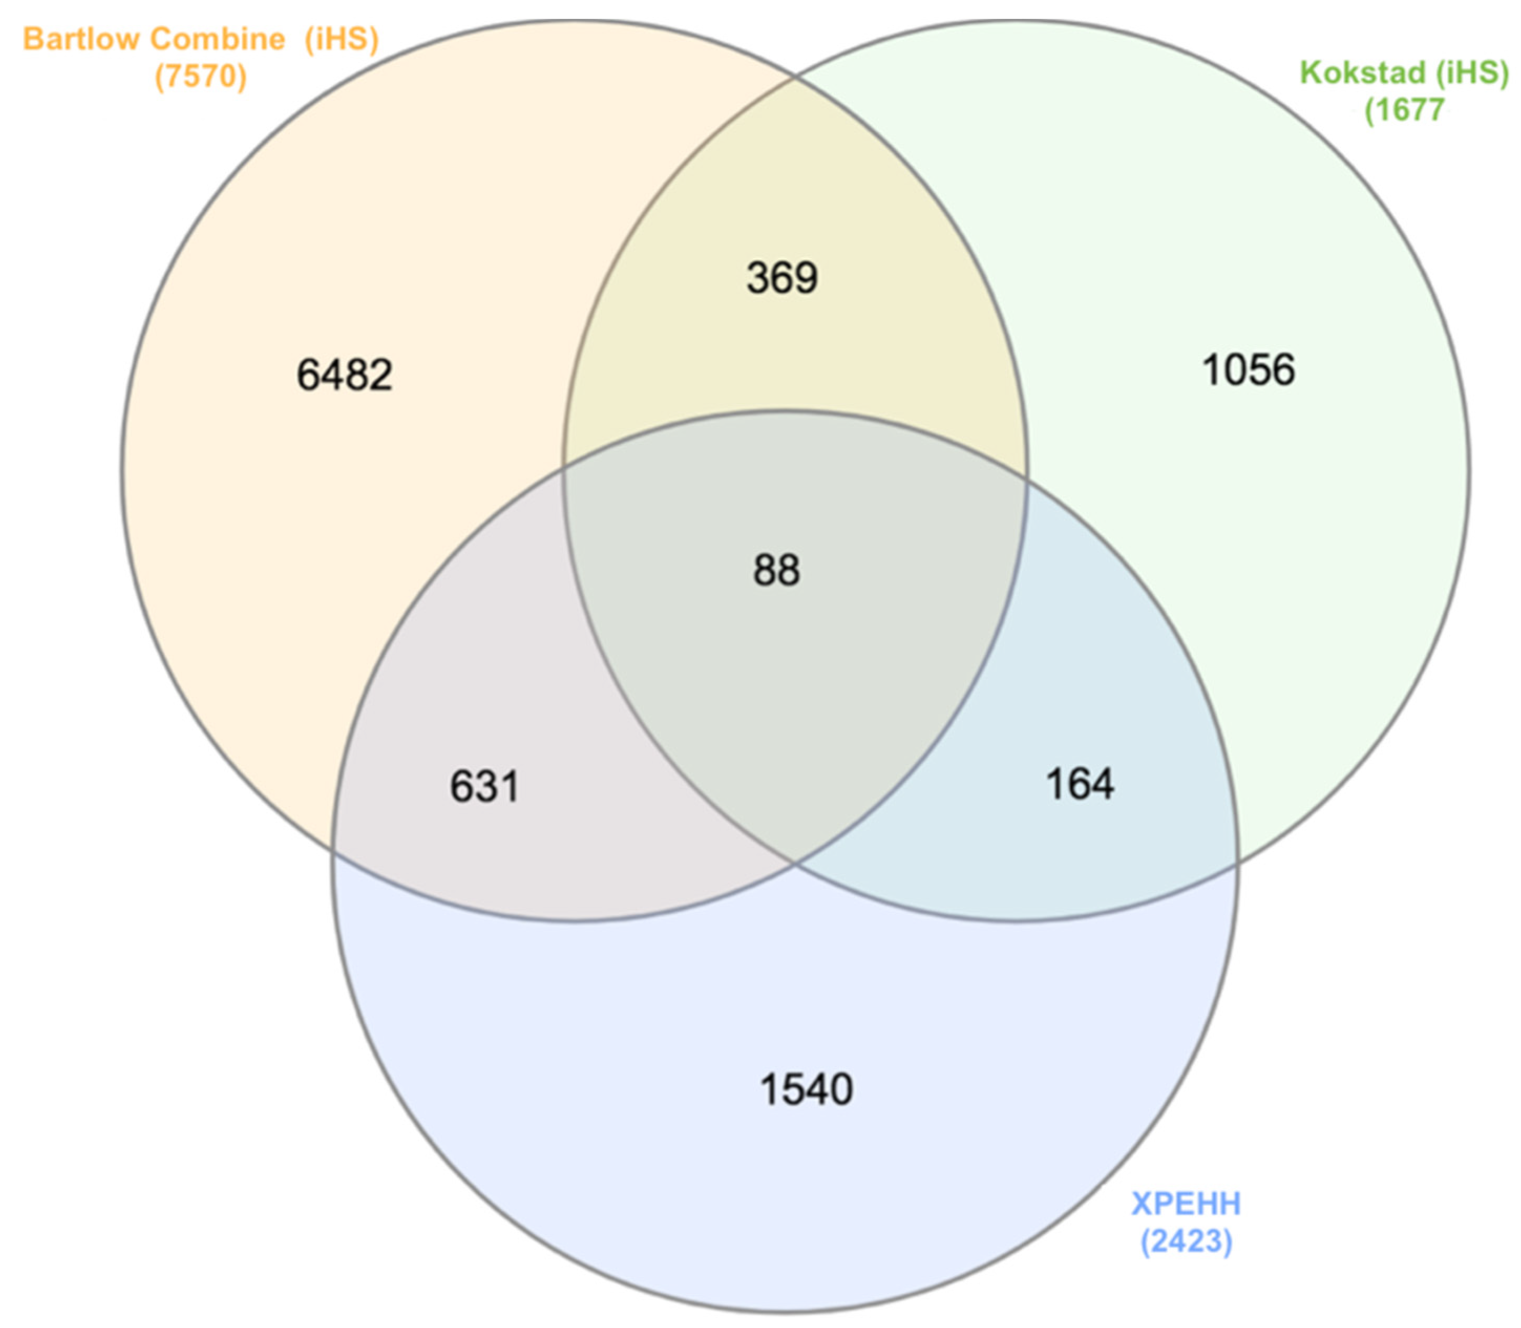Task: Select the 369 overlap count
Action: pos(782,278)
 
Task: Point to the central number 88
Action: pos(776,571)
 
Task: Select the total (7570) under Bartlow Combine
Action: pos(200,76)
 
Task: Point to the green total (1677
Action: pos(1404,110)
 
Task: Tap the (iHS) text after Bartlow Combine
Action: pos(341,39)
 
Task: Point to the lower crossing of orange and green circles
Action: pos(795,863)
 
